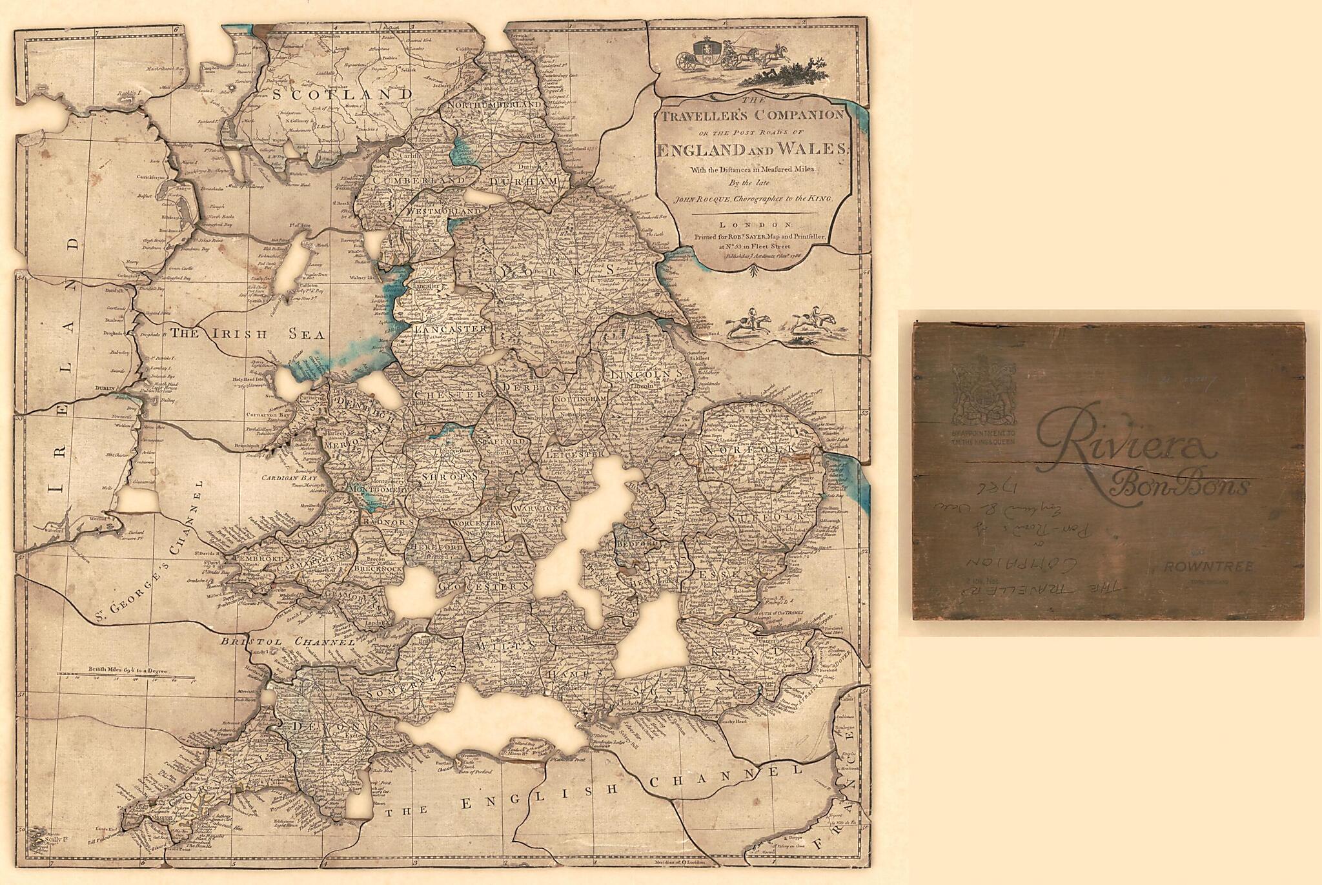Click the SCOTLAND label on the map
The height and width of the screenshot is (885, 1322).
click(341, 94)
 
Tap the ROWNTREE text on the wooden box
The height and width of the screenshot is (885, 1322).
click(1208, 566)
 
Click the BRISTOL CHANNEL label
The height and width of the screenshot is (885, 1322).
click(287, 642)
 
